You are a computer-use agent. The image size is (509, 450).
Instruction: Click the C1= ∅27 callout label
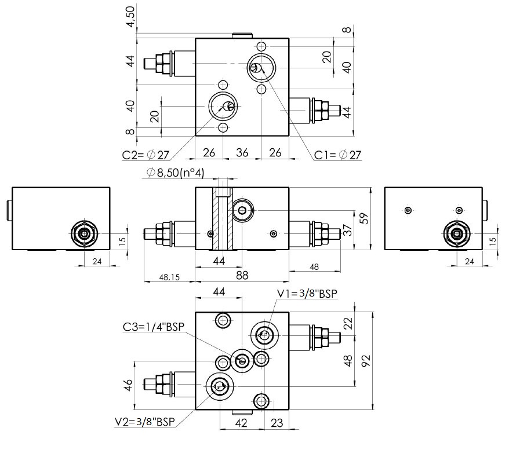pos(337,155)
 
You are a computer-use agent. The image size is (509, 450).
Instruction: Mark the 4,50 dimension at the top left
pos(133,16)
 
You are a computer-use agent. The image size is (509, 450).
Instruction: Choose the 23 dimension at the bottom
pos(277,423)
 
